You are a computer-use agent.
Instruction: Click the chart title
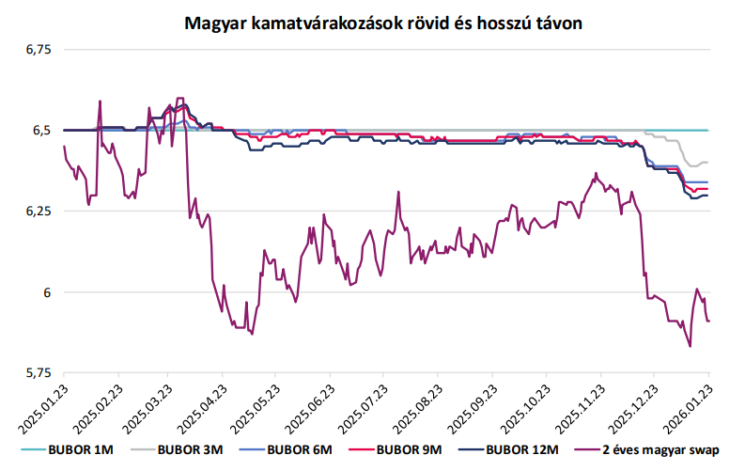[383, 23]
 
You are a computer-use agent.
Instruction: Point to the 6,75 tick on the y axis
[38, 50]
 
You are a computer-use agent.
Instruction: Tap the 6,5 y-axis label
[41, 131]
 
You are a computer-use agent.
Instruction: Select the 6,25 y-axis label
[38, 211]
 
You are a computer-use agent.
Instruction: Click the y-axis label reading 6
[47, 292]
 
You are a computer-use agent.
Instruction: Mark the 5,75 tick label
[38, 373]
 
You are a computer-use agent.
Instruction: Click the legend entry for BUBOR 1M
[67, 449]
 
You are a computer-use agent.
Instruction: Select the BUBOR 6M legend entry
[286, 449]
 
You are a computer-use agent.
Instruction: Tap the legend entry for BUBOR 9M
[396, 449]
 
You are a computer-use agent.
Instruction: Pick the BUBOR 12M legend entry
[508, 449]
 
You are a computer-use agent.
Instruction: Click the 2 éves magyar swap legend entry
[647, 449]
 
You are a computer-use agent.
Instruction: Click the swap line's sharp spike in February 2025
[100, 101]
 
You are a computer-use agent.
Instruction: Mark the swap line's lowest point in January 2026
[690, 347]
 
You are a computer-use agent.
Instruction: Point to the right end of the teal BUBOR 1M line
[708, 131]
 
